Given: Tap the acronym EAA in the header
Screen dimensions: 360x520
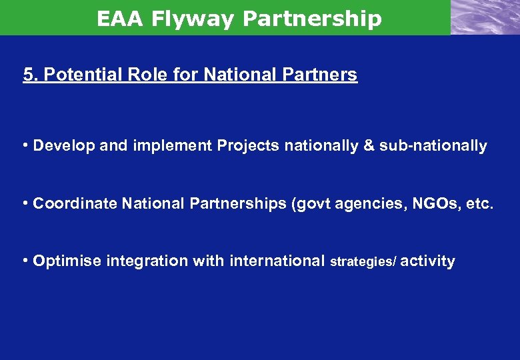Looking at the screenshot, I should pos(121,19).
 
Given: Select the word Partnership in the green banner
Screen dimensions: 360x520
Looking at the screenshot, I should pos(312,19).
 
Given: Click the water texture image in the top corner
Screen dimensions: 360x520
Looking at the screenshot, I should pos(485,17).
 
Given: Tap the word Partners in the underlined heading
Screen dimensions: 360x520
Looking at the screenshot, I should pos(325,75).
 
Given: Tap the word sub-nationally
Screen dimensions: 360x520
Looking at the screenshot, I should pos(433,145).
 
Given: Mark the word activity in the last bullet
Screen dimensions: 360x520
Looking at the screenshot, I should pos(429,261).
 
